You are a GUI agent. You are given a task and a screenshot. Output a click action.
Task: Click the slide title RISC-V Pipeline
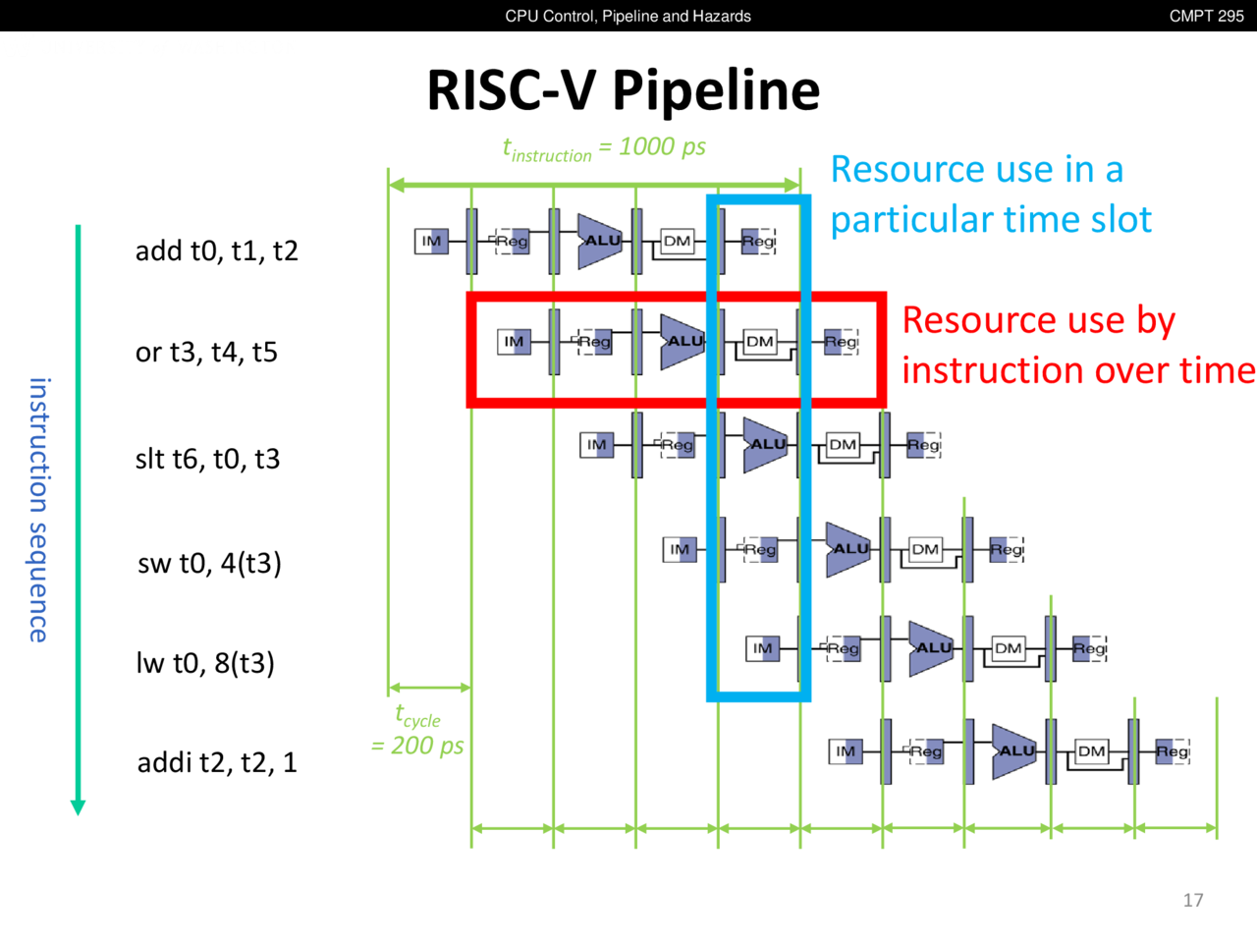(623, 90)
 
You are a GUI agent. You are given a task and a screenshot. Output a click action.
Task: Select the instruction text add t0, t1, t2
(216, 251)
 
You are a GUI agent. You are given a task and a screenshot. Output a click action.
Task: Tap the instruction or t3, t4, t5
(206, 353)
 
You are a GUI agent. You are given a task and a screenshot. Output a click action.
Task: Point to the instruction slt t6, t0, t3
(207, 459)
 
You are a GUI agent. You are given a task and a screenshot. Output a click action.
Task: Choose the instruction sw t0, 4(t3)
(209, 563)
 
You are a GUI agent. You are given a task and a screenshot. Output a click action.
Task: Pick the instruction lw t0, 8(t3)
(205, 663)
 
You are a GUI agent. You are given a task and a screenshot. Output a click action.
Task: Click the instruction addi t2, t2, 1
(217, 762)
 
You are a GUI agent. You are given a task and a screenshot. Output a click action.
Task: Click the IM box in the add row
(431, 241)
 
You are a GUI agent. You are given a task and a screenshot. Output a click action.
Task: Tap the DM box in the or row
(760, 342)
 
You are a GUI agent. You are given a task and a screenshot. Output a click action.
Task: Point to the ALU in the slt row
(766, 445)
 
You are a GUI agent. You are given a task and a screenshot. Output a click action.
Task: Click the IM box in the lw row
(763, 648)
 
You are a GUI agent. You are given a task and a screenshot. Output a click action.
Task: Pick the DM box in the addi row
(1091, 751)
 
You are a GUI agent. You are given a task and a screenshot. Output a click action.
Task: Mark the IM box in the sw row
(680, 549)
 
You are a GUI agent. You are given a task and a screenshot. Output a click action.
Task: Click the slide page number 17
(1193, 900)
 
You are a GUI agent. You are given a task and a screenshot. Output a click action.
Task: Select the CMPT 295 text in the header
(1206, 16)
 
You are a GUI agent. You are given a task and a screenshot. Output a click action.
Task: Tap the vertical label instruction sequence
(38, 510)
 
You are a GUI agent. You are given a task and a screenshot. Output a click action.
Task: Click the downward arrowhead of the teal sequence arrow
(79, 807)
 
